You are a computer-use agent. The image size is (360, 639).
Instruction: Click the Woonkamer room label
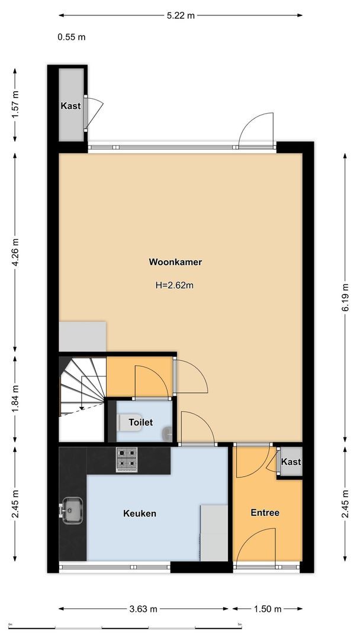tap(171, 261)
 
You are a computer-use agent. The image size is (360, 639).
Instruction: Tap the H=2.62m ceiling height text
tap(175, 285)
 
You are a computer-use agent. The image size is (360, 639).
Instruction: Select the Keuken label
tap(140, 514)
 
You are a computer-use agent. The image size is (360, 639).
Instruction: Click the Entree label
tap(265, 513)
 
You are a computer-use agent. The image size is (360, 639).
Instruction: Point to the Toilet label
tap(141, 422)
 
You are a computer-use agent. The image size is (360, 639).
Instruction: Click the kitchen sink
tap(72, 510)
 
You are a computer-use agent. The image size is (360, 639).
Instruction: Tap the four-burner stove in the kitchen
tap(126, 459)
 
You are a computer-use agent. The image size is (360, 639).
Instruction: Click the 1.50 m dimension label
tap(267, 609)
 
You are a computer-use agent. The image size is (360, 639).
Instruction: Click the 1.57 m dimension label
tap(16, 104)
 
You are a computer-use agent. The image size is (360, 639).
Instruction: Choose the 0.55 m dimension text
tap(72, 37)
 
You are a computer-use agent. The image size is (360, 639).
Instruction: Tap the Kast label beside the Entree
tap(291, 462)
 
